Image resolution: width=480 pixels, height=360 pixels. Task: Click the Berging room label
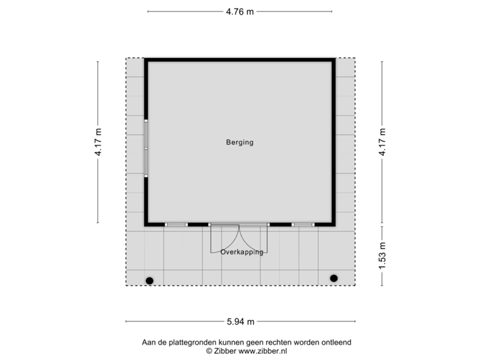[x=240, y=142]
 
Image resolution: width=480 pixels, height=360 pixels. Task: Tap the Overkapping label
[x=242, y=252]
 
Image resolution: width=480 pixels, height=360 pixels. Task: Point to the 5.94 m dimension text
[x=241, y=321]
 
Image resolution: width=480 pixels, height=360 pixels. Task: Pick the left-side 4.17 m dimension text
[x=98, y=142]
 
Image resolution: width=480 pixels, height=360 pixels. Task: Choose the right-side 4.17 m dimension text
[x=383, y=142]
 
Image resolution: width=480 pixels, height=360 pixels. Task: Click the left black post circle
[x=149, y=280]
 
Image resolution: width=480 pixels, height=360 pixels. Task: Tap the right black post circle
[x=333, y=278]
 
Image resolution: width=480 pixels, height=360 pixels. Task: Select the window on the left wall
[x=145, y=147]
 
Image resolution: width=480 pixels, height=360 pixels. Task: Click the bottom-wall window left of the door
[x=176, y=225]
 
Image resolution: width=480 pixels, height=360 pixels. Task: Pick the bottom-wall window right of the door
[x=303, y=225]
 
